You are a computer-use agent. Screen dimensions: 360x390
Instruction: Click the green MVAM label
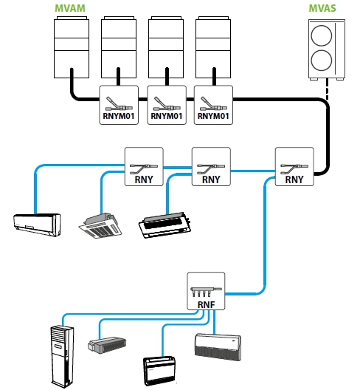[70, 8]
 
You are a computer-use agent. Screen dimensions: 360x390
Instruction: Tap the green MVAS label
[322, 8]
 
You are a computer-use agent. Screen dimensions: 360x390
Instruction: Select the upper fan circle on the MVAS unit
[322, 35]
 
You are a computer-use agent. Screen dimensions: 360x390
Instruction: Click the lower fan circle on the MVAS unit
[322, 61]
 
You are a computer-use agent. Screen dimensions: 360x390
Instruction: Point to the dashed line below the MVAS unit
[328, 89]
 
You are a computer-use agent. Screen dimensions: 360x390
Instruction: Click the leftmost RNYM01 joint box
[119, 105]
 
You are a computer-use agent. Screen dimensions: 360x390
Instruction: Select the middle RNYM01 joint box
[167, 105]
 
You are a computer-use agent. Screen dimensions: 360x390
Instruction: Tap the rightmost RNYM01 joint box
[213, 105]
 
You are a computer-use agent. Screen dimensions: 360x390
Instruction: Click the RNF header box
[206, 291]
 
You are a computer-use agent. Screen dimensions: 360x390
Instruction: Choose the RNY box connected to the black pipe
[294, 166]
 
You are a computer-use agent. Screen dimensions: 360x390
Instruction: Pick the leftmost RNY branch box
[144, 166]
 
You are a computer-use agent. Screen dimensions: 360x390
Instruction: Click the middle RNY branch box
[211, 166]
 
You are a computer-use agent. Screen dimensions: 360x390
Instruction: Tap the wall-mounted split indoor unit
[37, 225]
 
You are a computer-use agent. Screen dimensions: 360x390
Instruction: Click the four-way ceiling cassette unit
[100, 225]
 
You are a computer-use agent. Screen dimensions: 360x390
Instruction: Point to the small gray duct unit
[107, 345]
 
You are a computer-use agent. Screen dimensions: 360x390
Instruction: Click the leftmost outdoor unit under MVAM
[72, 47]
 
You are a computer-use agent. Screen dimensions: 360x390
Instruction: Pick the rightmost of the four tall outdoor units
[213, 47]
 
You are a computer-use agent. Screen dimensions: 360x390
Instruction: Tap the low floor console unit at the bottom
[159, 371]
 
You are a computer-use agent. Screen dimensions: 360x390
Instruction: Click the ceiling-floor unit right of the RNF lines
[218, 347]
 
